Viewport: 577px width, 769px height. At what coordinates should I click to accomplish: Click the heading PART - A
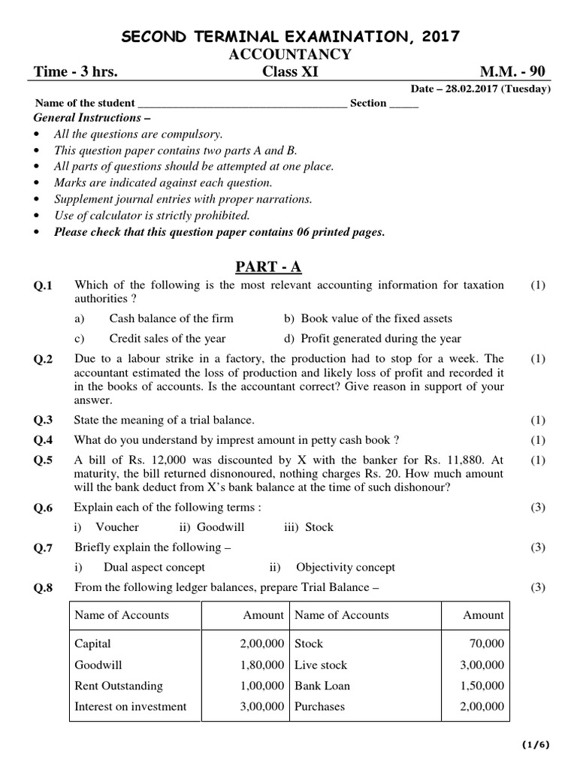pyautogui.click(x=269, y=267)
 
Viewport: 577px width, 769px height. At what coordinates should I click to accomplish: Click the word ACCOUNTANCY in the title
pyautogui.click(x=288, y=54)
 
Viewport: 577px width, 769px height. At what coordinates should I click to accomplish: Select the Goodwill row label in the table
pyautogui.click(x=98, y=665)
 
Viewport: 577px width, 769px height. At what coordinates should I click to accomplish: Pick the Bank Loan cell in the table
pyautogui.click(x=322, y=686)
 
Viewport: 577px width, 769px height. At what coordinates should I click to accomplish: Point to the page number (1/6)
pyautogui.click(x=536, y=745)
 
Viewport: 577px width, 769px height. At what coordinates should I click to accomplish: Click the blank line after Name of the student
pyautogui.click(x=243, y=104)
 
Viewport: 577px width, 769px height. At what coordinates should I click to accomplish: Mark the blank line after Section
pyautogui.click(x=403, y=104)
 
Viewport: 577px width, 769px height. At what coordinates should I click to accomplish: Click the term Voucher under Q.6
pyautogui.click(x=118, y=527)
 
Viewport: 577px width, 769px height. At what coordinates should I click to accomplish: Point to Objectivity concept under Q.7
pyautogui.click(x=345, y=567)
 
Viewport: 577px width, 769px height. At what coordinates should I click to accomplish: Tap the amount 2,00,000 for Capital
pyautogui.click(x=262, y=644)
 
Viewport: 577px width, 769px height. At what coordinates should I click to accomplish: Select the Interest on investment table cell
pyautogui.click(x=131, y=707)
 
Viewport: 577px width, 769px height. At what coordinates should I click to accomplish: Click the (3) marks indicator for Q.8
pyautogui.click(x=537, y=587)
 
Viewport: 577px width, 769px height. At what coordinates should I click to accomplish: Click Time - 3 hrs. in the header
pyautogui.click(x=76, y=72)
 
